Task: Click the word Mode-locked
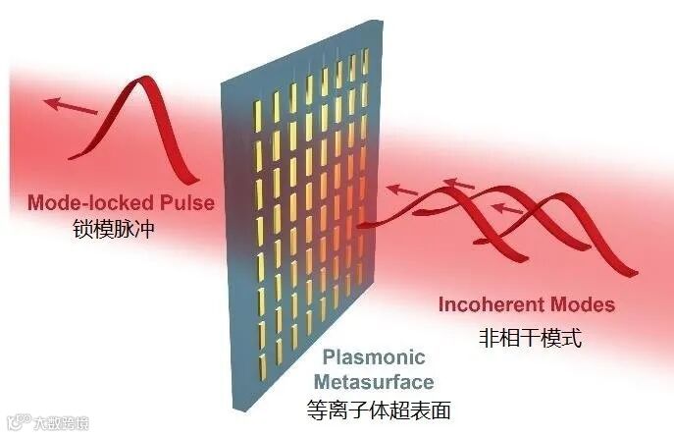(87, 203)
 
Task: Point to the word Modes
(584, 304)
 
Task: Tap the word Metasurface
(390, 380)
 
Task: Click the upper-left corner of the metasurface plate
(223, 81)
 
